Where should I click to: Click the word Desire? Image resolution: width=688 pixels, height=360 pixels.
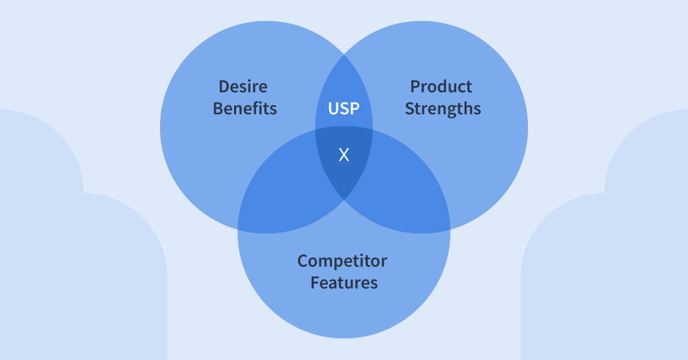point(243,87)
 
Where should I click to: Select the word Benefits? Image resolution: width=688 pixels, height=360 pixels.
point(245,108)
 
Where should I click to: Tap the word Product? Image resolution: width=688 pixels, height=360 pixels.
point(441,87)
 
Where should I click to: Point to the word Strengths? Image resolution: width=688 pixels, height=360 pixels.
point(443,108)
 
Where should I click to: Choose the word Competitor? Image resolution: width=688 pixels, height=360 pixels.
point(342,261)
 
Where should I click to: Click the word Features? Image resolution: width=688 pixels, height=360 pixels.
point(344,283)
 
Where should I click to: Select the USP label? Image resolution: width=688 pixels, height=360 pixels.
point(344,108)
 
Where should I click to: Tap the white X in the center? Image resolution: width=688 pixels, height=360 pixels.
point(344,155)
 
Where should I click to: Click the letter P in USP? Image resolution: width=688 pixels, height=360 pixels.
point(354,108)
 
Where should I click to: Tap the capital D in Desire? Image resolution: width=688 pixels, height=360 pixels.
point(223,87)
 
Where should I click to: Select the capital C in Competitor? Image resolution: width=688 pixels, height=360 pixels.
point(303,261)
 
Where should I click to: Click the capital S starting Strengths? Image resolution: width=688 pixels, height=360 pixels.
point(410,108)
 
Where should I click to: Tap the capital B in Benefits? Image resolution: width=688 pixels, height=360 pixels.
point(218,108)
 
